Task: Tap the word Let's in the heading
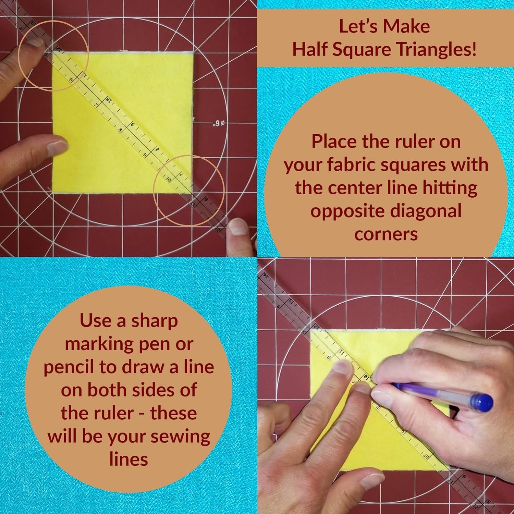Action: tap(356, 26)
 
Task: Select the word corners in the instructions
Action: tap(386, 234)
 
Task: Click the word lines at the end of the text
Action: tap(128, 459)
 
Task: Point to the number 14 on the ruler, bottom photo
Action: tap(265, 275)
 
